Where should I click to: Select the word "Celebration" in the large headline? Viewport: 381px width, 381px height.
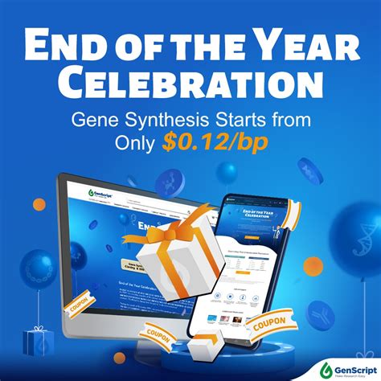point(190,84)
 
